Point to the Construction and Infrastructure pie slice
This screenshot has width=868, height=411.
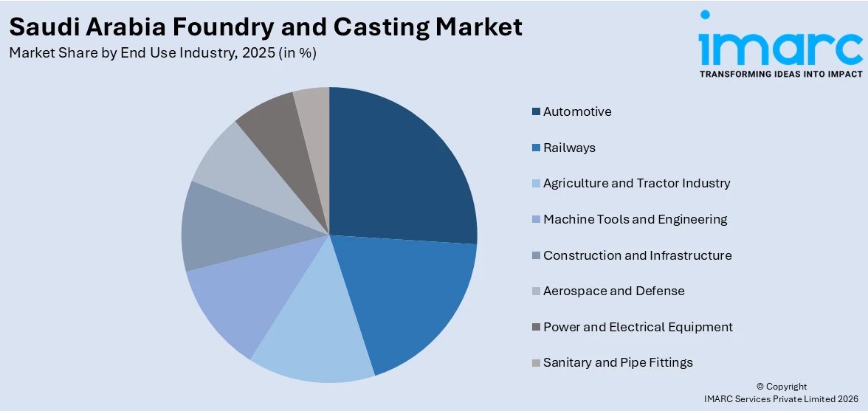[221, 229]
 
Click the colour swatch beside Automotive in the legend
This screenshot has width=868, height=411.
[536, 112]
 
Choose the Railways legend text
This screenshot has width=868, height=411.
[569, 148]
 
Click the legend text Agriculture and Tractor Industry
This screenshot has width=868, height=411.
[636, 183]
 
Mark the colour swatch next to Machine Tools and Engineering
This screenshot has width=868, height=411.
[536, 220]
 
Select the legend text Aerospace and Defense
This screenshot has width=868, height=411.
[613, 291]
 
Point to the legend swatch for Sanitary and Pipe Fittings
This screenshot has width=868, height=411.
[536, 363]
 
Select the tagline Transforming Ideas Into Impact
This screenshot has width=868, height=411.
[780, 74]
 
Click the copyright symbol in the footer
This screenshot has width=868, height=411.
[760, 387]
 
